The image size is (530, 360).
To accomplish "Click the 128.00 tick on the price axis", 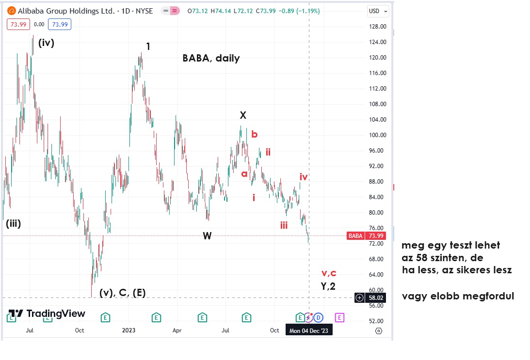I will click(376, 27).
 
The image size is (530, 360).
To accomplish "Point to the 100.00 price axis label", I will click(376, 135).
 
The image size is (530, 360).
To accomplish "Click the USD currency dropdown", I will click(378, 11).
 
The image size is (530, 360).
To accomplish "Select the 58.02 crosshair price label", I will click(376, 298).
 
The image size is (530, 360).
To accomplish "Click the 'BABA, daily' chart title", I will click(211, 58).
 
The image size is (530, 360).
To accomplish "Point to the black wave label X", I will click(243, 115).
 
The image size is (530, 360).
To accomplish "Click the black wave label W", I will click(207, 236).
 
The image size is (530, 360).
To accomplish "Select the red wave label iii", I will click(284, 225).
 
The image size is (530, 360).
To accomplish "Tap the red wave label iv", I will click(304, 177).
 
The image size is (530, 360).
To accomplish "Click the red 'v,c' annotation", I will click(329, 273).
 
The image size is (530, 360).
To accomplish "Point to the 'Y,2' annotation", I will click(328, 286).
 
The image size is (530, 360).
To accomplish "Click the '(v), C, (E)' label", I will click(122, 293).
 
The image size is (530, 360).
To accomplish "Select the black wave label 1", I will click(148, 47).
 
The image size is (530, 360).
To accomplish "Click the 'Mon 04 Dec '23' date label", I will click(309, 331).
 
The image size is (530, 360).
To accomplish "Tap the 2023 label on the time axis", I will click(128, 331).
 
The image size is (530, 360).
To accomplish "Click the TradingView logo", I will click(47, 314).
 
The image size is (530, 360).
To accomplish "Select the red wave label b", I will click(254, 135).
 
